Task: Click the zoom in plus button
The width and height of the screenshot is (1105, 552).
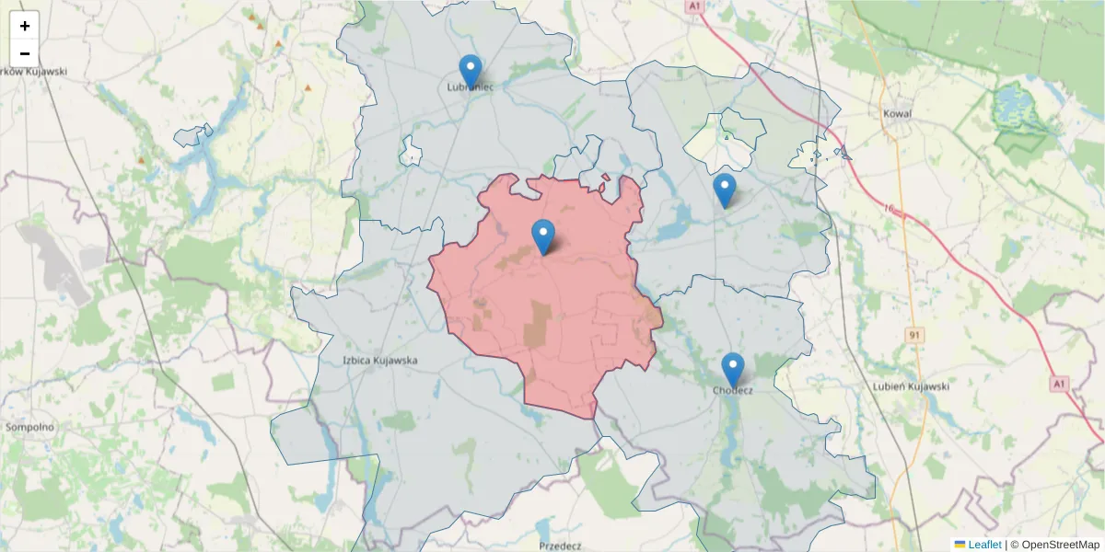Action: [x=25, y=26]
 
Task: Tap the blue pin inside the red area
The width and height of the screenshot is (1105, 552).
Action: [x=544, y=236]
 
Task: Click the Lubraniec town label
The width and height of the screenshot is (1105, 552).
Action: [x=471, y=87]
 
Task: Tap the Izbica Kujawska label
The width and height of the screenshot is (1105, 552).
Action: [x=380, y=361]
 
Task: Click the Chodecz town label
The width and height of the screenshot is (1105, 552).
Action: [x=733, y=390]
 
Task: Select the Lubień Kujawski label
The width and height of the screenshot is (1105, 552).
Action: [x=911, y=386]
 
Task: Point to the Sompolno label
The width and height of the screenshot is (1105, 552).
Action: [x=29, y=427]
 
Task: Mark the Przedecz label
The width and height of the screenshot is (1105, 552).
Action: [x=560, y=546]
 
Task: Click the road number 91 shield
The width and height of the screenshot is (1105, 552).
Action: [x=913, y=335]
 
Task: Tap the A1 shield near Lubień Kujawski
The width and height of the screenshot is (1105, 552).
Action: [x=1060, y=383]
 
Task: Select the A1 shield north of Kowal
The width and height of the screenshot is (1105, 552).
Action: [x=694, y=6]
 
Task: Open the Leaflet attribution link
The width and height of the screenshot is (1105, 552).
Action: [x=984, y=545]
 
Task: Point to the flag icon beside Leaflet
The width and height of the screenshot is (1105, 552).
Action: [x=960, y=545]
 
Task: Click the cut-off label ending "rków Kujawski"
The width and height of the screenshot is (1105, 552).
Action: [x=33, y=71]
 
